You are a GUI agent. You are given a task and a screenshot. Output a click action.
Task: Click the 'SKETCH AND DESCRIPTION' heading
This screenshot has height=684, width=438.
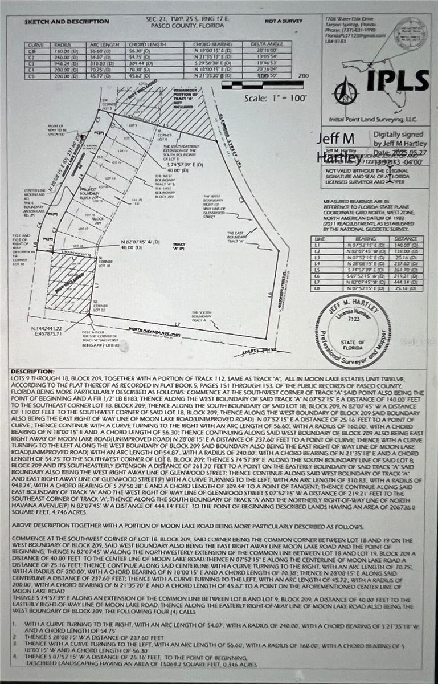click(x=67, y=22)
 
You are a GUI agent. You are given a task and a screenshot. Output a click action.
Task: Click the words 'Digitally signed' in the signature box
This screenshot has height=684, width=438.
click(x=395, y=136)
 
